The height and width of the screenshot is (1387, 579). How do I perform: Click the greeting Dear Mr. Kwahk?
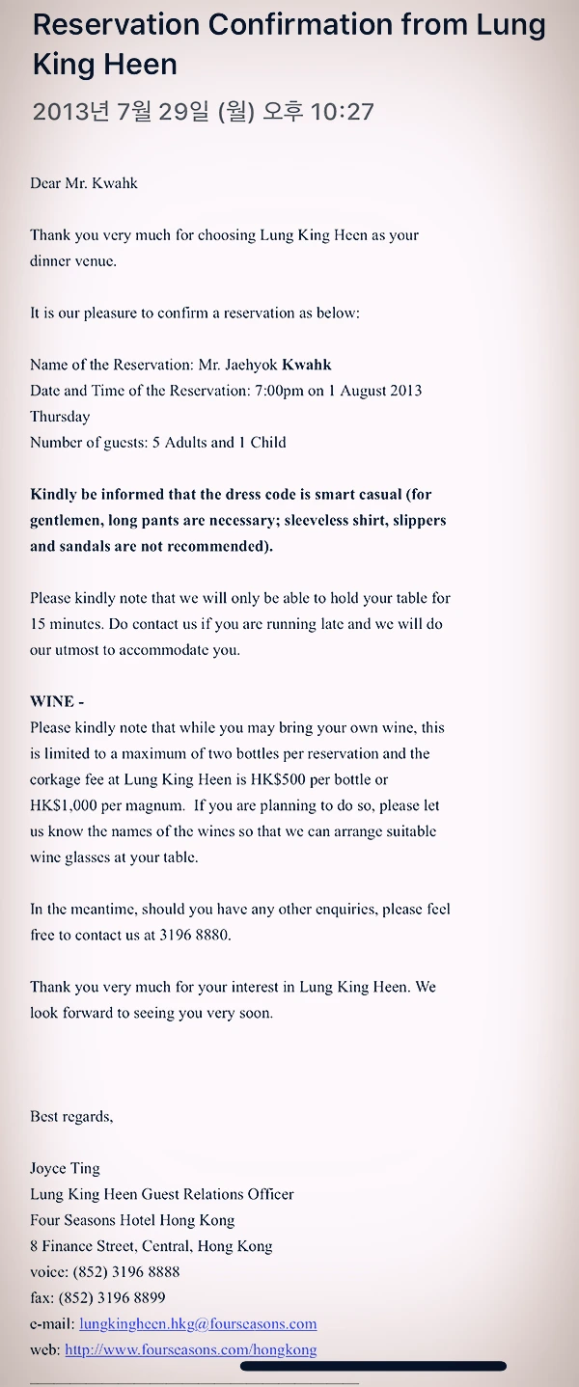pos(84,183)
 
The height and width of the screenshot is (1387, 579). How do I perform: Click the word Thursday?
pos(60,417)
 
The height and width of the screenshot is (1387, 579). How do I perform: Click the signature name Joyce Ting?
pos(65,1168)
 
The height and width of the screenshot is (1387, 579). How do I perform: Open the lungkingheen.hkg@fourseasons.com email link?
pos(198,1324)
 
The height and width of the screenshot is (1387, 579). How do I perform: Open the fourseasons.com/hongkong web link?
pos(190,1350)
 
